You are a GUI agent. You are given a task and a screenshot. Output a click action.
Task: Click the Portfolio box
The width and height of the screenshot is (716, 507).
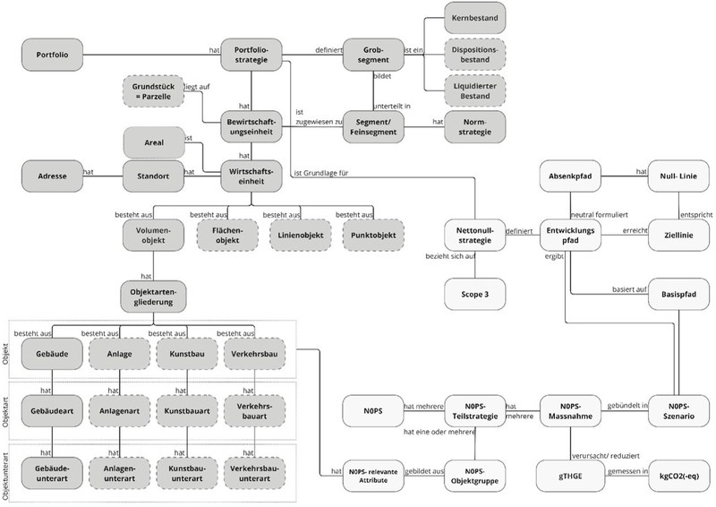[53, 55]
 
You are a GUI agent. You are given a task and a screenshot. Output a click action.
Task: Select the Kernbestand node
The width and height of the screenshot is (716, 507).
[475, 18]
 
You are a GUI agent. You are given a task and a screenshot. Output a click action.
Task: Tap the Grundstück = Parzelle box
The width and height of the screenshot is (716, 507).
[153, 91]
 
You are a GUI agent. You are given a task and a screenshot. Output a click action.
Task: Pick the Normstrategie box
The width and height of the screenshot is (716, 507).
[475, 126]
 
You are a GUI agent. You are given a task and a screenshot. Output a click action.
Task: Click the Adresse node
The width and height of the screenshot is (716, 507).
[53, 176]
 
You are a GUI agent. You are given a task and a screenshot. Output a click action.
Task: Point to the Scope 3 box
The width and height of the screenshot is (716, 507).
[475, 294]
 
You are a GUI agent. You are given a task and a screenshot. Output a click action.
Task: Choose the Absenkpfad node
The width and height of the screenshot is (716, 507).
[570, 176]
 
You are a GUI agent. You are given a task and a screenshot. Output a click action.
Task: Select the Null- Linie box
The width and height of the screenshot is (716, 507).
[678, 176]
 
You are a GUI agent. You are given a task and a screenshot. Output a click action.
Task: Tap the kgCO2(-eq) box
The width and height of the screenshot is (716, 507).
[678, 476]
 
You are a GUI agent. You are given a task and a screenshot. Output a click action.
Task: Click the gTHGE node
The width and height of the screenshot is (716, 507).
[570, 476]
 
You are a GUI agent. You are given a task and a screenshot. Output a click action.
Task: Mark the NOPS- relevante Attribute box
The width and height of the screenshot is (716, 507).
[373, 476]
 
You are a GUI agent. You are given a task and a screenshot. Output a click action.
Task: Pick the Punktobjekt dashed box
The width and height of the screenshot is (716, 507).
[373, 235]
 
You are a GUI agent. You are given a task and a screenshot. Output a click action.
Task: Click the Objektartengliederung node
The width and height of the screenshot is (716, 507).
[153, 296]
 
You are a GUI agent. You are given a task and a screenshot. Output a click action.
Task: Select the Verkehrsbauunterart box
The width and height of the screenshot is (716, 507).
[254, 473]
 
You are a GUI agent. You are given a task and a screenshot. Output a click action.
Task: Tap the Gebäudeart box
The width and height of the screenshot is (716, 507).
[53, 410]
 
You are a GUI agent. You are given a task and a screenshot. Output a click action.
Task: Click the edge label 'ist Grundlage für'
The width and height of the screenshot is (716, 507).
[321, 173]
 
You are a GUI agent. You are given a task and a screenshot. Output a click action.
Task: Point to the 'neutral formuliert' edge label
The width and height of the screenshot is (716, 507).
[599, 214]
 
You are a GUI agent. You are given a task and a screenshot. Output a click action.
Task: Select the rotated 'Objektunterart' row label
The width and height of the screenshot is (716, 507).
[5, 476]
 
